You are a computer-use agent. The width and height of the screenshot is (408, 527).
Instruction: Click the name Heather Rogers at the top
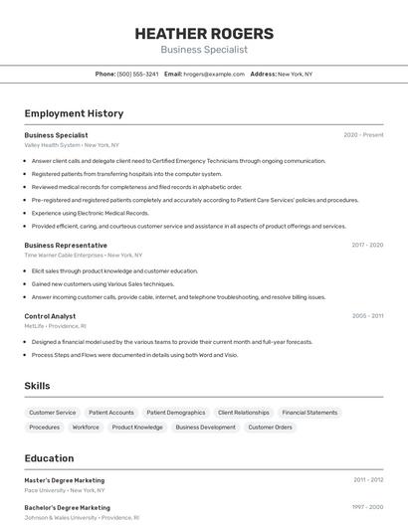[x=204, y=34]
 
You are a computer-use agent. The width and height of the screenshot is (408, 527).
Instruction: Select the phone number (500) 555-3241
[x=138, y=75]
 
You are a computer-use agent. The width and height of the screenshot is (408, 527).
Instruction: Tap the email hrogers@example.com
[x=214, y=75]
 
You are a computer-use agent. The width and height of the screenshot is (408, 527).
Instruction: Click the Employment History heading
[x=74, y=114]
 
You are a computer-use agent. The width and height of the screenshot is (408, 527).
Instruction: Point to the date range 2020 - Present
[x=363, y=135]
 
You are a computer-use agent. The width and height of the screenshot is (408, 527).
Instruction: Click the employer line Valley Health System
[x=72, y=145]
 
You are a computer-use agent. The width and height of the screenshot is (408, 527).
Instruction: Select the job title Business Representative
[x=66, y=246]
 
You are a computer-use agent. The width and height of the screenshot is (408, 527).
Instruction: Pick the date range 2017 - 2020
[x=367, y=246]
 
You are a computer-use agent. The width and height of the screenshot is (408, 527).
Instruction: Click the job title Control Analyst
[x=50, y=316]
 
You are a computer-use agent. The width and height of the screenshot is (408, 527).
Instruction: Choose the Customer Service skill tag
[x=52, y=413]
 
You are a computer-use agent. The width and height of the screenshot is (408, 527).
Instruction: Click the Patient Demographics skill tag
[x=175, y=413]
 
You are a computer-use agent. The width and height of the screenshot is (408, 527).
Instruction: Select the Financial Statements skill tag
[x=309, y=413]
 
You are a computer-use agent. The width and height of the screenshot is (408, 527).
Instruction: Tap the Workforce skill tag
[x=86, y=428]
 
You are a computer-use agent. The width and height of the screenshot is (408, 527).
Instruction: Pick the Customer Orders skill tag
[x=270, y=428]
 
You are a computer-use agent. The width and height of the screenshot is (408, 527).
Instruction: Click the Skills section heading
[x=37, y=386]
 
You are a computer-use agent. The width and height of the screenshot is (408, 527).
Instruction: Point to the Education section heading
[x=49, y=458]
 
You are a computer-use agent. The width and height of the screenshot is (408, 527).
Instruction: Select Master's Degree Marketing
[x=64, y=480]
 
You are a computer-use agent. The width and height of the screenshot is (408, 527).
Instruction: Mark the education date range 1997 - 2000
[x=367, y=507]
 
